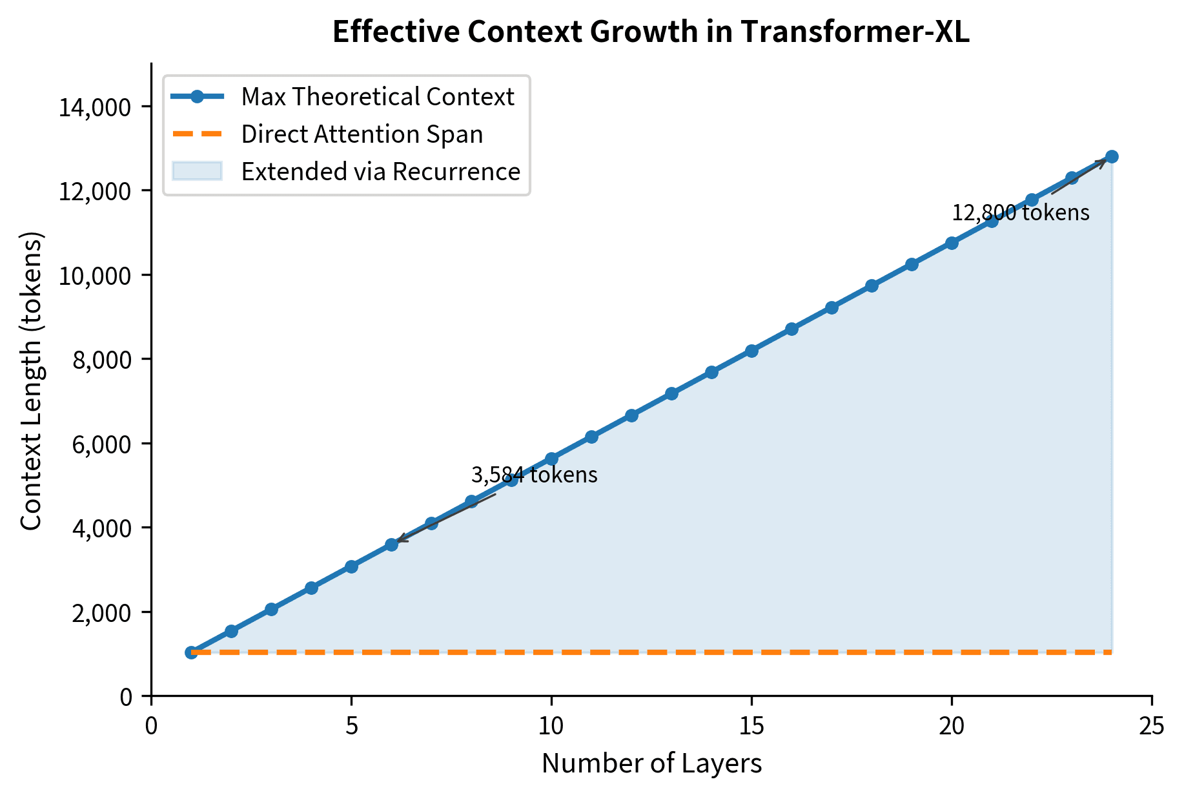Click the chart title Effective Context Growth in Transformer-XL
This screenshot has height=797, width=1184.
click(651, 32)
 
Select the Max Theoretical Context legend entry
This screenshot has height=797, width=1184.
click(377, 97)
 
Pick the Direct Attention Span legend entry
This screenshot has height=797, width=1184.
click(362, 134)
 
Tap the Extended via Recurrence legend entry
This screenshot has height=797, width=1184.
click(380, 172)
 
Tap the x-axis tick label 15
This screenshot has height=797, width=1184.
click(751, 727)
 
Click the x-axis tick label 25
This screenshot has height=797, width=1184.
click(1152, 727)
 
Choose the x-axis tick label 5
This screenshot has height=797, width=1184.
click(351, 727)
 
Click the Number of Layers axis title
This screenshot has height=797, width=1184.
click(651, 763)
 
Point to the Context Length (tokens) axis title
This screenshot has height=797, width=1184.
click(31, 380)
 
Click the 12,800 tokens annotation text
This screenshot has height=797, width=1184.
click(1021, 212)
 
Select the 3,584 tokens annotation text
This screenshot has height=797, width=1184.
click(534, 475)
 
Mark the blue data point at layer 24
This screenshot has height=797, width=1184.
click(1112, 156)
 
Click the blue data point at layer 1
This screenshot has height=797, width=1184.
click(191, 652)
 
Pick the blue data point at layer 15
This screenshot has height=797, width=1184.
click(751, 351)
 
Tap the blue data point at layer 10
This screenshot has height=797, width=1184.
click(551, 459)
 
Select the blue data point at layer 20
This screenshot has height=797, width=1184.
click(952, 243)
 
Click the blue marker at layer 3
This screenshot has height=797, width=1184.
click(271, 609)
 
